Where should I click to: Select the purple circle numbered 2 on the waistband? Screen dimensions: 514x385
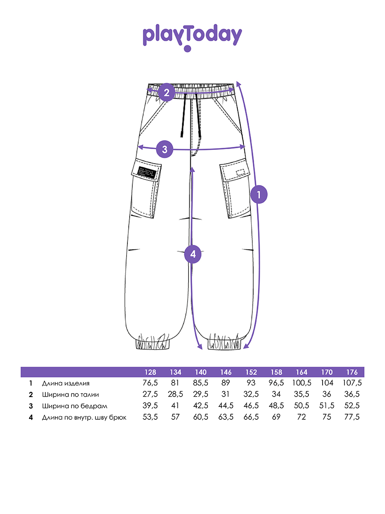[x=166, y=93]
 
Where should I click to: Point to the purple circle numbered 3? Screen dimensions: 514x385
[x=165, y=149]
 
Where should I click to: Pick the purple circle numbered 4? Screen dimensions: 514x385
[x=193, y=254]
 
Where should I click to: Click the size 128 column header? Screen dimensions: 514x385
[x=150, y=372]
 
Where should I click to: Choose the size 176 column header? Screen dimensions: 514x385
[x=352, y=372]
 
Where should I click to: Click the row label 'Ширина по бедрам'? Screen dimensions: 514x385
[x=74, y=406]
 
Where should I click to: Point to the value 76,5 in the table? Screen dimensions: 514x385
[x=150, y=383]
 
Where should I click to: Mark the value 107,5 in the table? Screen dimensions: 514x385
[x=352, y=383]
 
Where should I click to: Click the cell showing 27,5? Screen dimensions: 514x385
[x=150, y=394]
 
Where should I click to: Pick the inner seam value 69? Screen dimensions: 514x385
[x=276, y=417]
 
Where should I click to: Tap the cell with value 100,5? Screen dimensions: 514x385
[x=302, y=383]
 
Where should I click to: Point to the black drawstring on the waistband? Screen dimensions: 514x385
[x=184, y=116]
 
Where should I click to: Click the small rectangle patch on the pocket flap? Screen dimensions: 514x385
[x=242, y=173]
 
